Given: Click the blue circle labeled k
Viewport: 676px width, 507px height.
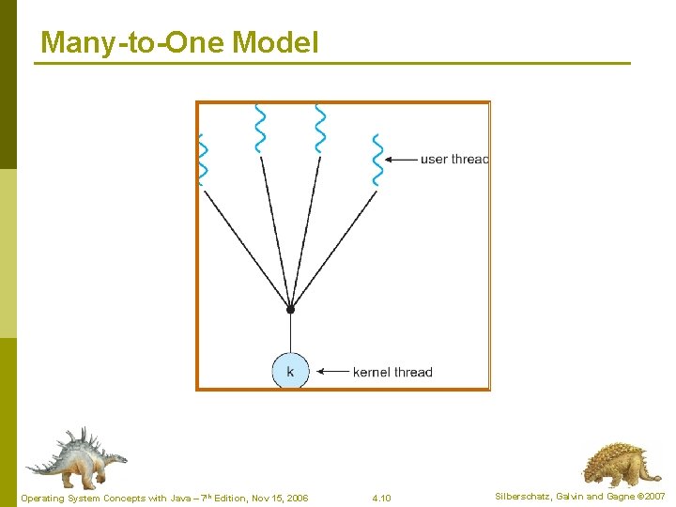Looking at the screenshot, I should point(290,372).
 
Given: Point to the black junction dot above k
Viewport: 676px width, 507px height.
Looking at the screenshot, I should point(290,309).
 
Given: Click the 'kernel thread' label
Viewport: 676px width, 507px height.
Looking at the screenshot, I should point(392,373).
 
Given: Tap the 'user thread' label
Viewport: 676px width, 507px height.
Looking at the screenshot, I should point(454,160).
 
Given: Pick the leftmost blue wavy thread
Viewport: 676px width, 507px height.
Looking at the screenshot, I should point(202,160).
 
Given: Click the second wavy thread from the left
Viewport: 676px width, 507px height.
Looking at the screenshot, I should point(260,129).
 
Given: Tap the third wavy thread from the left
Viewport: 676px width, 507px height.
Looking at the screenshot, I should point(320,129).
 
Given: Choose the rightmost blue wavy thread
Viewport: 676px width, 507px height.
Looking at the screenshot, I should point(377,160).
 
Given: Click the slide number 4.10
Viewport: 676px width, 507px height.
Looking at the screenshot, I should point(381,498).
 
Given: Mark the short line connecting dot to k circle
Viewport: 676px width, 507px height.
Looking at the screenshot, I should point(290,332).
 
